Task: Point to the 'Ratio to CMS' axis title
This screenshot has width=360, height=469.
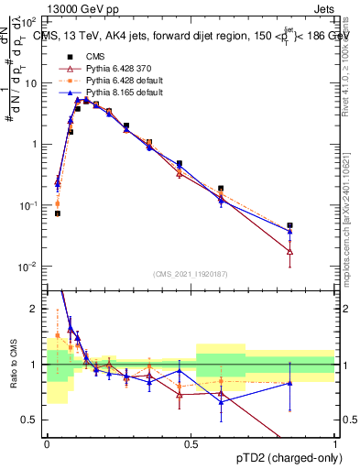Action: (13, 364)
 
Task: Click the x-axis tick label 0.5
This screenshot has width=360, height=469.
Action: (191, 442)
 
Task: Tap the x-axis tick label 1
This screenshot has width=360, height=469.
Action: (335, 442)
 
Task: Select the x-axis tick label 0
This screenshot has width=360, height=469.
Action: (47, 442)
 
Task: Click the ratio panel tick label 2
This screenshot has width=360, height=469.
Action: (36, 309)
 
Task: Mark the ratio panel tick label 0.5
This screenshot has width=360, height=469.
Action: (31, 420)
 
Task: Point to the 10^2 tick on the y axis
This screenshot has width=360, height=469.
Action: (30, 22)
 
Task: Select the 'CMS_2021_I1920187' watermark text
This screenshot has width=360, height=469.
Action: (190, 272)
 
